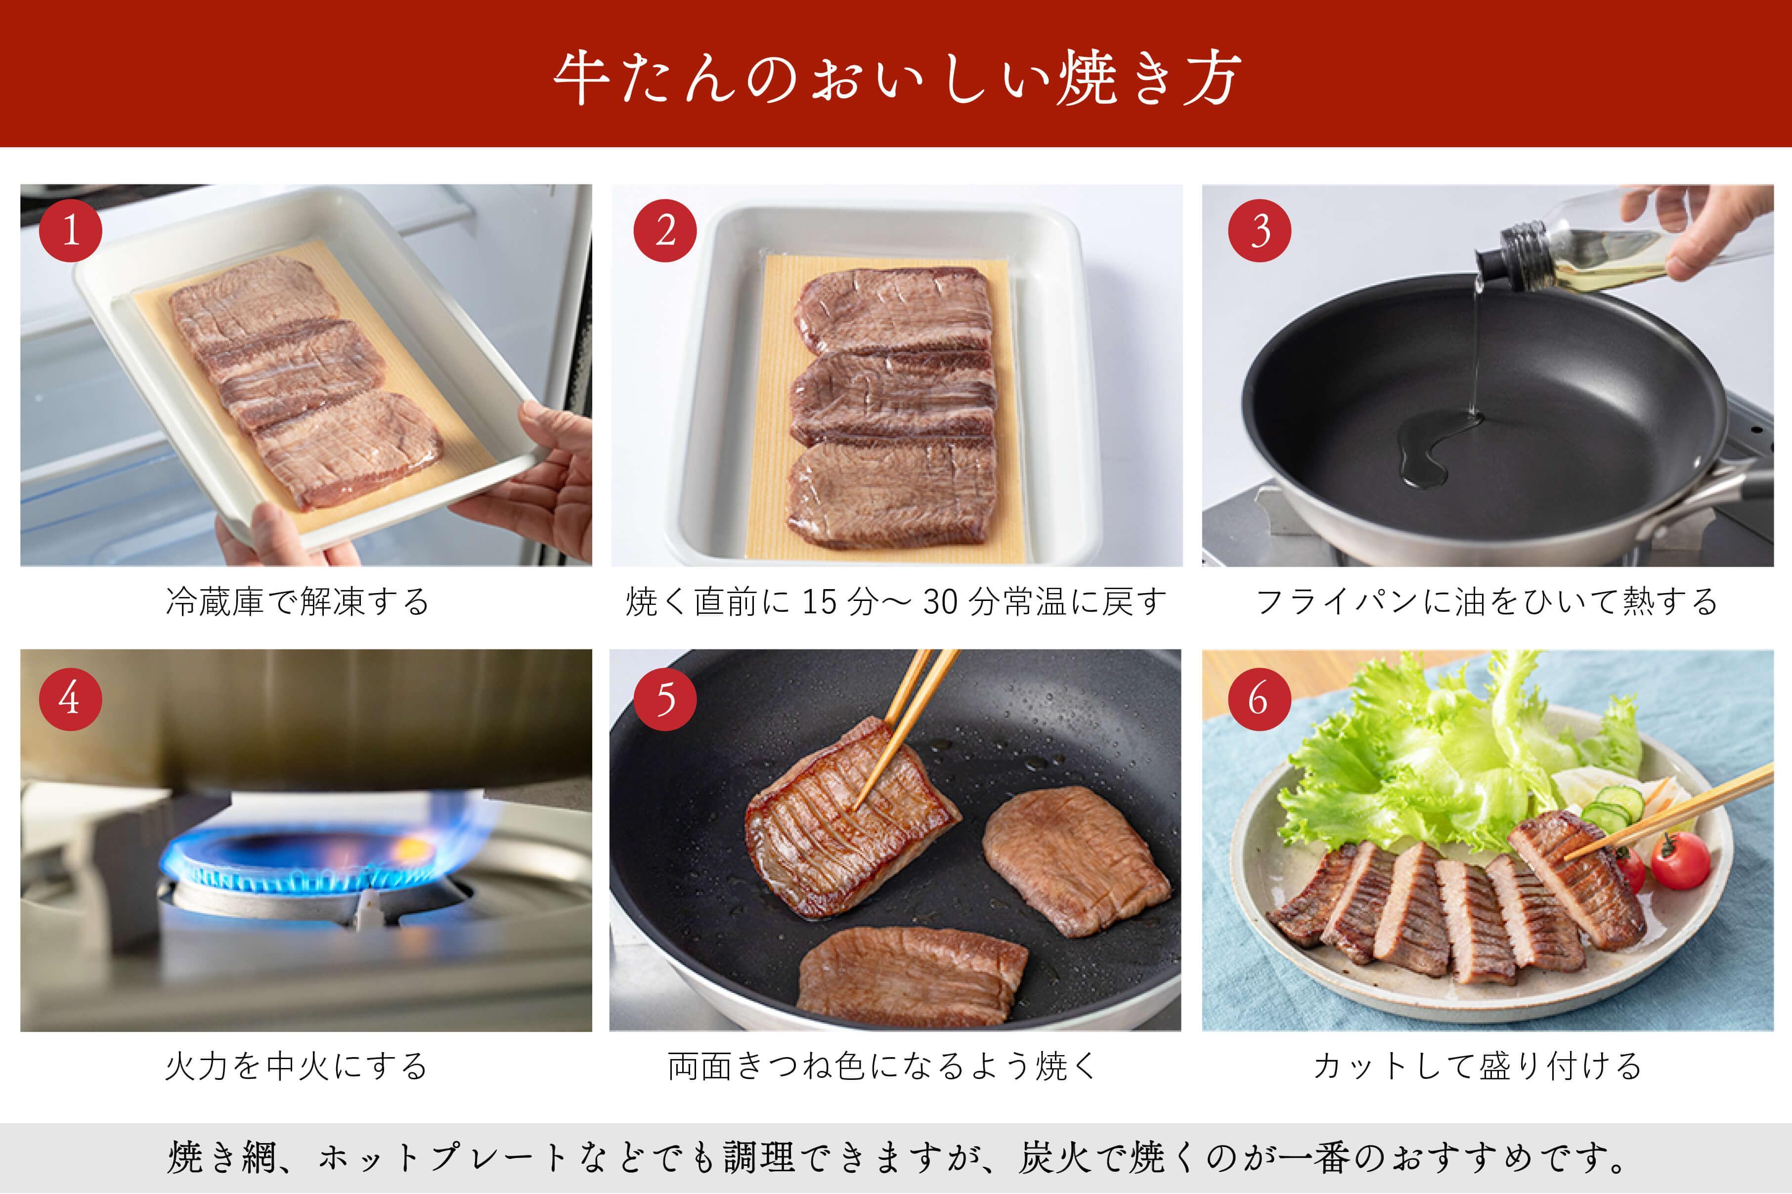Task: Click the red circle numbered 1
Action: point(71,231)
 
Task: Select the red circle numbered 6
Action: point(1259,698)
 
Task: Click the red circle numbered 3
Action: point(1259,231)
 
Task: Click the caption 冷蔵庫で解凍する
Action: point(298,601)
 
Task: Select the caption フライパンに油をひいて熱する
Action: point(1486,601)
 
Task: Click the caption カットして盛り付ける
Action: point(1478,1066)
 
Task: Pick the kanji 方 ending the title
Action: point(1211,79)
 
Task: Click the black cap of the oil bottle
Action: point(1496,259)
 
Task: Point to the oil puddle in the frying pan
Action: point(1428,449)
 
